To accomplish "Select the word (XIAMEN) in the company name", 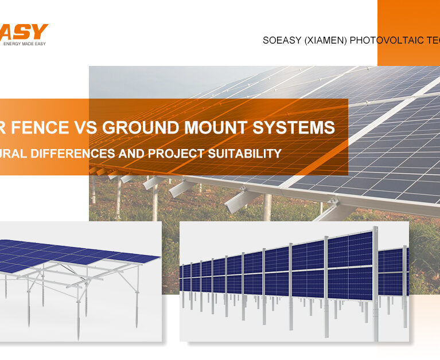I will click(x=326, y=41).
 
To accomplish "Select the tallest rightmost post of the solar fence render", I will click(x=375, y=287).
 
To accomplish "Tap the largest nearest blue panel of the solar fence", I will click(x=350, y=249).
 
